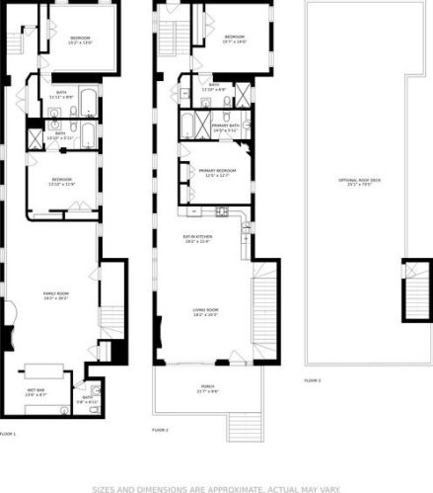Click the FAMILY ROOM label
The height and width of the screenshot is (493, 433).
[55, 293]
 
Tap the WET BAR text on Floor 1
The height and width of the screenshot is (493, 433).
[35, 393]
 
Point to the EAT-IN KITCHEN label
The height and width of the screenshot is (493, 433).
[198, 236]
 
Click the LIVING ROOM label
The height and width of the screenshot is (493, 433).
[205, 310]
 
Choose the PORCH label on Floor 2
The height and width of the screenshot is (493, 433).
[207, 386]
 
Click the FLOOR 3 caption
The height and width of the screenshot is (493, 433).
[312, 380]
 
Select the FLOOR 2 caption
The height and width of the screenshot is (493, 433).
[160, 430]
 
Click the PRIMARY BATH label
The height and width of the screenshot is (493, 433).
[225, 126]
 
